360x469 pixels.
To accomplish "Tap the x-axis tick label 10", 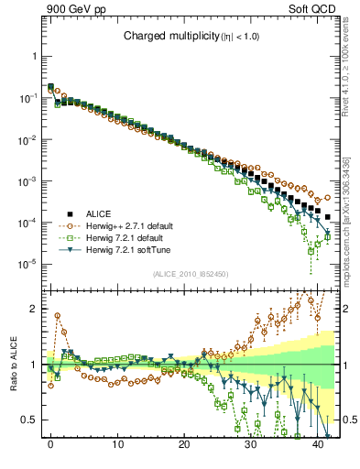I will [117, 443].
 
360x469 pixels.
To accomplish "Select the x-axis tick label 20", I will [184, 443].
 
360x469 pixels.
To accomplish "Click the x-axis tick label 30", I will [251, 443].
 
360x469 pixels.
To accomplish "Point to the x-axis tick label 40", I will [318, 443].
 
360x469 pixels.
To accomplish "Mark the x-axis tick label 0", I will [50, 443].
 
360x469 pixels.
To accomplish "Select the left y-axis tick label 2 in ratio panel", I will [36, 309].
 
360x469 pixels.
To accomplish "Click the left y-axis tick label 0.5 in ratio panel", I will [32, 420].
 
